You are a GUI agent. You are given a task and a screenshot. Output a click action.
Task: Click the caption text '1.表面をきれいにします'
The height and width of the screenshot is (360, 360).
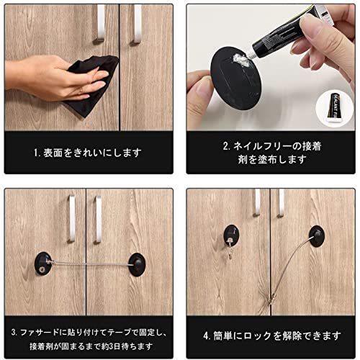click(x=89, y=153)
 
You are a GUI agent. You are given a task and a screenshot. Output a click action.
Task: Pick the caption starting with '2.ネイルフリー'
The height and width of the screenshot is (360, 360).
click(x=271, y=153)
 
